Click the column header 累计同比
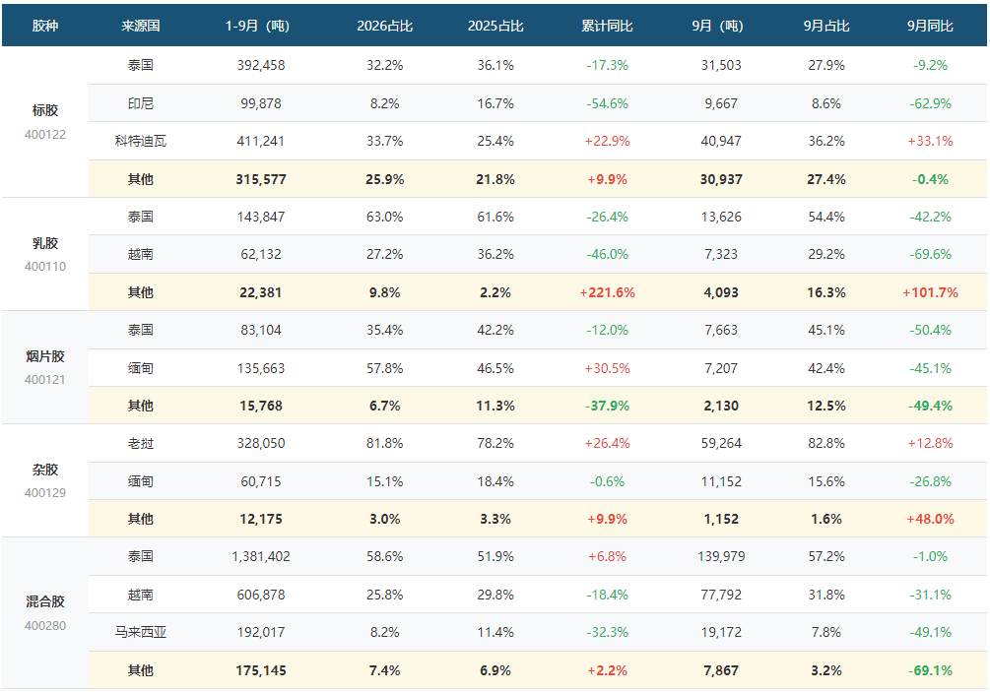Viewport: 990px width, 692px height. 607,26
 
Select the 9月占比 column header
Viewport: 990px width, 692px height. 825,26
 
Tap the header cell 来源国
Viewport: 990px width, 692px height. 140,26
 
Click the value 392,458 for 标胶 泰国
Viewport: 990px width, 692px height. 261,65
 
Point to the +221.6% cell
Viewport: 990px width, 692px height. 607,292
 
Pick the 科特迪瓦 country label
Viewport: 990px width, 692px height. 140,142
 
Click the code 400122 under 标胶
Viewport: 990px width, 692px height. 45,134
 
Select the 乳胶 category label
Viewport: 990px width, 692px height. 45,243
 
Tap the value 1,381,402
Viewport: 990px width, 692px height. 261,556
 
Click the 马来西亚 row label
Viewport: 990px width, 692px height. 140,632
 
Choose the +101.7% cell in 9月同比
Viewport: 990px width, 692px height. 930,292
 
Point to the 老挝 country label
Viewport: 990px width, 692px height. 140,444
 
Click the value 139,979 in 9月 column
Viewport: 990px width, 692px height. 721,556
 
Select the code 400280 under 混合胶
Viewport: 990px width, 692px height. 45,626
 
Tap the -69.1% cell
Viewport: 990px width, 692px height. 930,670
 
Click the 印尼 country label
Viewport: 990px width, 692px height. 140,103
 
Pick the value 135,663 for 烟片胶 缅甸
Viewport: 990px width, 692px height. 261,368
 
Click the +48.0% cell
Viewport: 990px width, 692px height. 930,519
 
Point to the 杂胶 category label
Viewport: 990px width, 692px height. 45,470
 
